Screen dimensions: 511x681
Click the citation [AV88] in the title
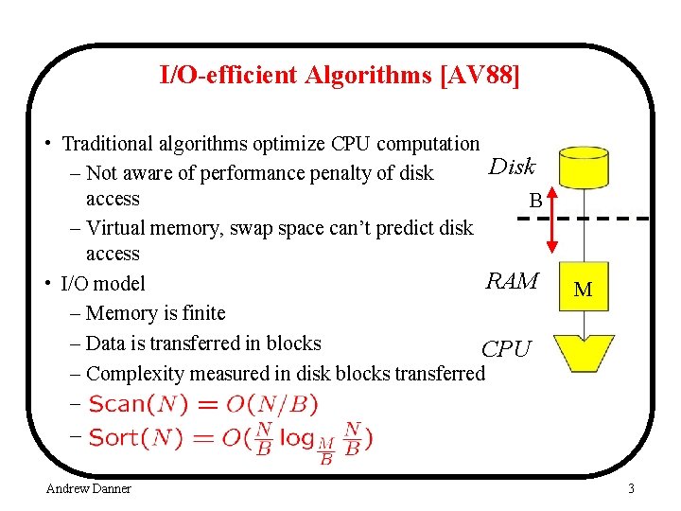(x=480, y=75)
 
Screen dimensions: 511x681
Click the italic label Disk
(x=512, y=167)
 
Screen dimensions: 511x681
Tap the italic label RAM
(x=512, y=281)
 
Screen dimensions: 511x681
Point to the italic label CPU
(x=506, y=349)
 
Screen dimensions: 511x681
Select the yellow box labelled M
(x=584, y=290)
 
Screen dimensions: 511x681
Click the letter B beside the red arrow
(x=535, y=201)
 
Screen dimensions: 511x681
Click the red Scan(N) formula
(x=202, y=405)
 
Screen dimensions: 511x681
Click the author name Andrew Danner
(x=89, y=488)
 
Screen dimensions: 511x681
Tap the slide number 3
(x=631, y=488)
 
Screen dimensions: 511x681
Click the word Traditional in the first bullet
(x=109, y=144)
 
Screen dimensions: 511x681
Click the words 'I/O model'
(x=103, y=283)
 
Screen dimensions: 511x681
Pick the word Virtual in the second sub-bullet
(x=116, y=227)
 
